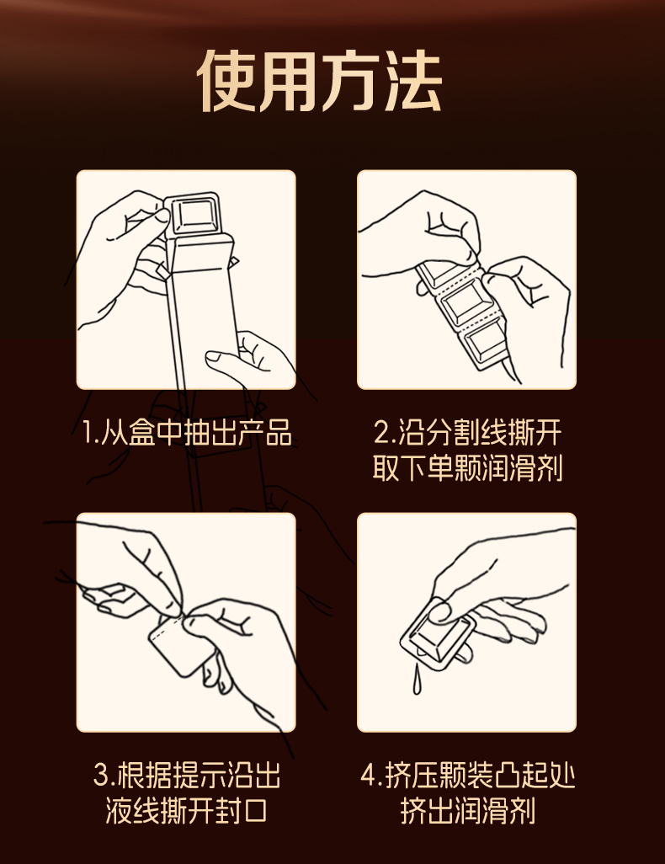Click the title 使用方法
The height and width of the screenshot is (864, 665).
[x=320, y=82]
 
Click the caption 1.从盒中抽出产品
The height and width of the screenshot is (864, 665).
[x=186, y=432]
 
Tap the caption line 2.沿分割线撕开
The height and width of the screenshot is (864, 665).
[x=467, y=432]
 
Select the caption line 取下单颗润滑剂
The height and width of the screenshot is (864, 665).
[x=467, y=469]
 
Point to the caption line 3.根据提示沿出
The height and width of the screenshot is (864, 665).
[x=186, y=776]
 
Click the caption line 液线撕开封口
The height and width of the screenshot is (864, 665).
[x=186, y=812]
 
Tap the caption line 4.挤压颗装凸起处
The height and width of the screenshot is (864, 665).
[x=468, y=776]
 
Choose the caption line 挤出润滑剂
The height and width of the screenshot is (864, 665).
[x=468, y=812]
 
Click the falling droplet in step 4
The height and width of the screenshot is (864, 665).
[x=417, y=680]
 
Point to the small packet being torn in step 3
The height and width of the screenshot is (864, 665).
[x=179, y=645]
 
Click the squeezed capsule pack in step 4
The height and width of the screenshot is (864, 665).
[x=438, y=633]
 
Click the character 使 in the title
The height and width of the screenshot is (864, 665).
[x=227, y=82]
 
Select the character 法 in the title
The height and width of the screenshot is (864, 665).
[x=412, y=82]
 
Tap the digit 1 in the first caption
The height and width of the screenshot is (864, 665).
[x=87, y=433]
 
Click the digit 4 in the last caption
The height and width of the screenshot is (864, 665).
[x=369, y=776]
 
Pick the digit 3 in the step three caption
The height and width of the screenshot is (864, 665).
[x=100, y=776]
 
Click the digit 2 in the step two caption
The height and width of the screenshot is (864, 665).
[x=381, y=433]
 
